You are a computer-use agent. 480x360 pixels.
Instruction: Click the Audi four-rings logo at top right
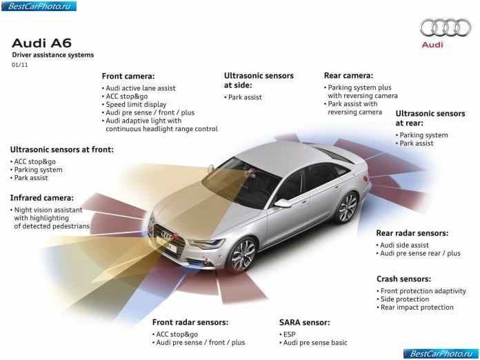[445, 28]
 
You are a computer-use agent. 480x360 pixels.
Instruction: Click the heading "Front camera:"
[128, 76]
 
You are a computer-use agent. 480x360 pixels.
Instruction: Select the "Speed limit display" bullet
[134, 104]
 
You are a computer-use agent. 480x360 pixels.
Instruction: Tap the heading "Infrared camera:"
[42, 198]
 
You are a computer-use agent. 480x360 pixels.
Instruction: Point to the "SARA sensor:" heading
[305, 322]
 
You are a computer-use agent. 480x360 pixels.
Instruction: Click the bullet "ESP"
[288, 334]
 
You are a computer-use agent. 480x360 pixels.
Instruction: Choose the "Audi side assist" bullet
[403, 246]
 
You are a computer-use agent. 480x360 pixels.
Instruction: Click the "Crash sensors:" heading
[403, 279]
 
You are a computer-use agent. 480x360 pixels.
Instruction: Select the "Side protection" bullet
[403, 299]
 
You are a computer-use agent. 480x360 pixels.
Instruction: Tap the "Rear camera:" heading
[349, 75]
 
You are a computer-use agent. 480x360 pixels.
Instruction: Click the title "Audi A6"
[41, 43]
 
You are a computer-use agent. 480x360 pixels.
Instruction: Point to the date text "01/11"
[19, 65]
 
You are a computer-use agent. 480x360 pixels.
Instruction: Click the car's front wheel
[243, 255]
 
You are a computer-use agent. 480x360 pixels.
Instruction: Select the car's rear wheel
[348, 208]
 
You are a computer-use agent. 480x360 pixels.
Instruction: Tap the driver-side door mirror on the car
[283, 203]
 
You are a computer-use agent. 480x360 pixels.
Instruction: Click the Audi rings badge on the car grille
[167, 235]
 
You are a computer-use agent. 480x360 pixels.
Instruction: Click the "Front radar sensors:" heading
[190, 322]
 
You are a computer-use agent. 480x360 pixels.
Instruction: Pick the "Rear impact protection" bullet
[415, 308]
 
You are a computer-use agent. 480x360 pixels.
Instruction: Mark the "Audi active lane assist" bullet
[139, 88]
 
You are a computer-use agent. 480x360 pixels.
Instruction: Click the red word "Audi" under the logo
[432, 45]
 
